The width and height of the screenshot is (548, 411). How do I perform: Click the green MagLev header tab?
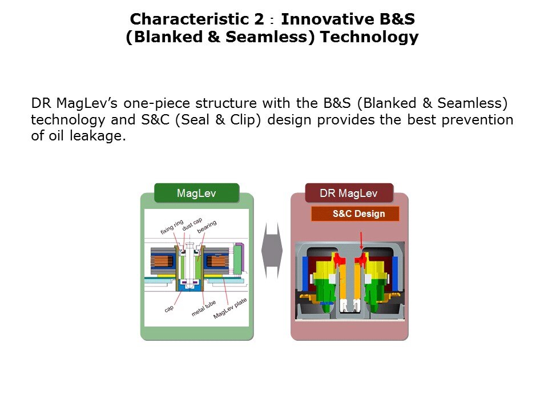click(x=197, y=193)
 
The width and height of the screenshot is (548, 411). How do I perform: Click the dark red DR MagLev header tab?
click(x=349, y=193)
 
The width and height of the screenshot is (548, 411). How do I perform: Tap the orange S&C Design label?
click(x=355, y=213)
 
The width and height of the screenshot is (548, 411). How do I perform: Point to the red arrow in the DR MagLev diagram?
click(x=361, y=240)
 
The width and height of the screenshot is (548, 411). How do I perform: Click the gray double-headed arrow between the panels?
click(x=272, y=251)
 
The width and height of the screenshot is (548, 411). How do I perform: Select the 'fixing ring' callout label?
click(x=172, y=227)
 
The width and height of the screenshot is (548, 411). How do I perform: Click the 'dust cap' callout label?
click(x=192, y=224)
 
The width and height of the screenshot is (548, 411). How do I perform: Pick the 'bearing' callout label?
click(x=207, y=227)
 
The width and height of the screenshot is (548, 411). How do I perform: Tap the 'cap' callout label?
click(x=169, y=309)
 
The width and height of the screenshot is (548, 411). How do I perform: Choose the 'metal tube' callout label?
click(x=203, y=308)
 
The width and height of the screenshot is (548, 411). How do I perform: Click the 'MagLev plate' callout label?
click(x=230, y=308)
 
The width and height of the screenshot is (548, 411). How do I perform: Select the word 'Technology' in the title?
click(x=369, y=37)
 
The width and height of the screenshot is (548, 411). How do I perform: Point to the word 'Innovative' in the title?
click(x=328, y=19)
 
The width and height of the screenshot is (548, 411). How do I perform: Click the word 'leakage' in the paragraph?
click(x=98, y=136)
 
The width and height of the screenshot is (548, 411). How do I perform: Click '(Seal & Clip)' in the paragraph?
click(x=218, y=119)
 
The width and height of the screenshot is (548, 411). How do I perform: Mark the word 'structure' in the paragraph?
click(x=226, y=103)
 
